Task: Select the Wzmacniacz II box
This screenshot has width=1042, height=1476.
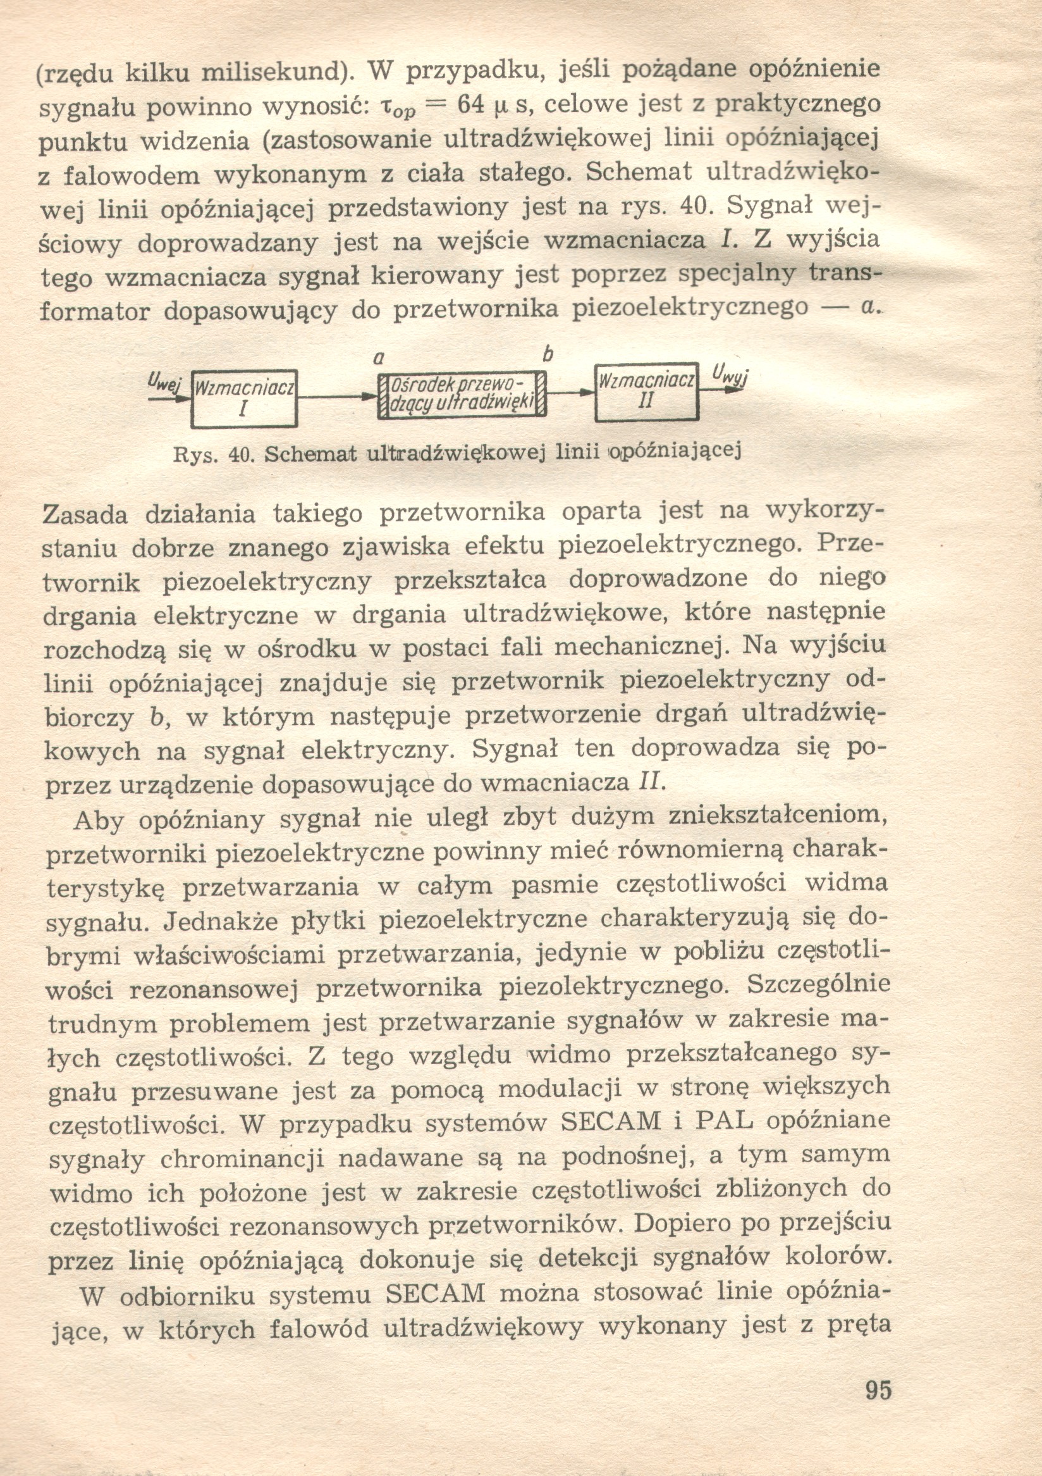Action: click(x=646, y=392)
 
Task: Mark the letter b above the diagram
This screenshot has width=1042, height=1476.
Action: click(x=548, y=354)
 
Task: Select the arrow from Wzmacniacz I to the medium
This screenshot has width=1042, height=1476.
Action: click(x=338, y=398)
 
